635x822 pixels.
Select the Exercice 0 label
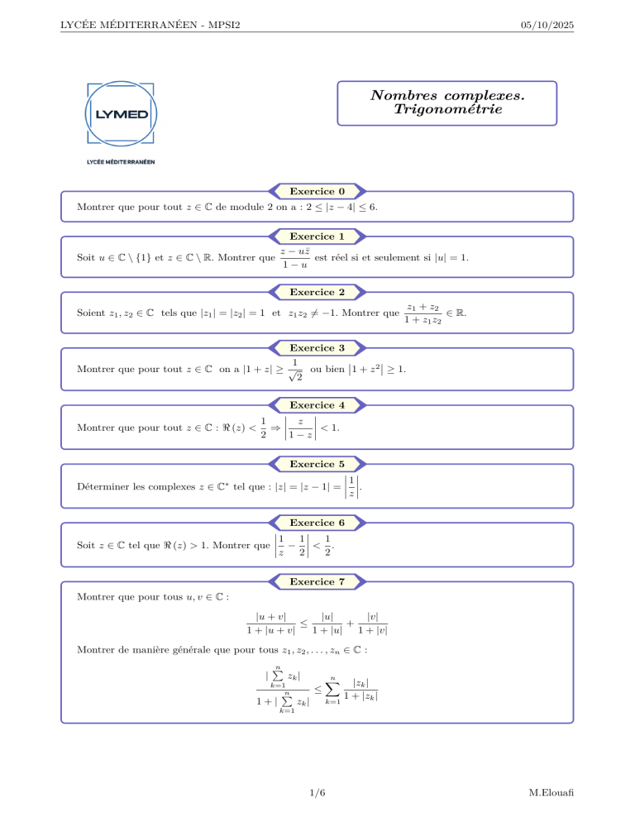click(317, 191)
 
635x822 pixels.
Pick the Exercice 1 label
click(317, 236)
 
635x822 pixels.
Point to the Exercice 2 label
click(317, 292)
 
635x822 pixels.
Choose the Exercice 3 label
click(317, 348)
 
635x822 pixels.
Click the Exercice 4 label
click(317, 404)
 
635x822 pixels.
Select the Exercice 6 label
click(317, 522)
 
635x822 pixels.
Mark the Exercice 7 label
click(317, 581)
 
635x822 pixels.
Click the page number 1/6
click(317, 793)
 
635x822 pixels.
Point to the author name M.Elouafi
click(550, 793)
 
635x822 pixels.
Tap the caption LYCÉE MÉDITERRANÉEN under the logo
click(120, 161)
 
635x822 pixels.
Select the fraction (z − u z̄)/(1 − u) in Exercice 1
click(295, 259)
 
